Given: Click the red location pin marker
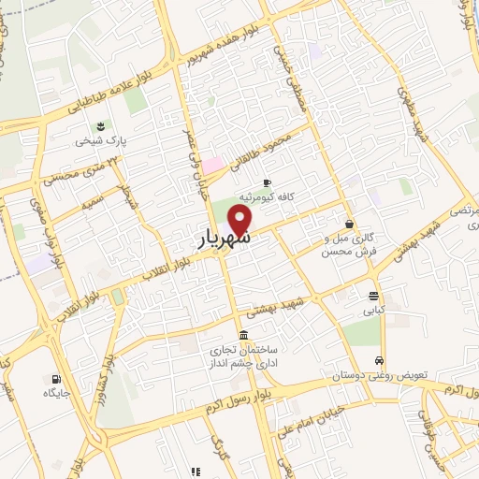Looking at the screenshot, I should pyautogui.click(x=241, y=221).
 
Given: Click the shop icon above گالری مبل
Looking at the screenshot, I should pyautogui.click(x=349, y=224).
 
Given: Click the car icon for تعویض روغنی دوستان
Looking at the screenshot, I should pyautogui.click(x=378, y=360).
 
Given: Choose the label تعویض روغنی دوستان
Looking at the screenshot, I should pyautogui.click(x=378, y=375).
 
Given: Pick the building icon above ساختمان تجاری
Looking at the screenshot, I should pyautogui.click(x=243, y=335).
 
